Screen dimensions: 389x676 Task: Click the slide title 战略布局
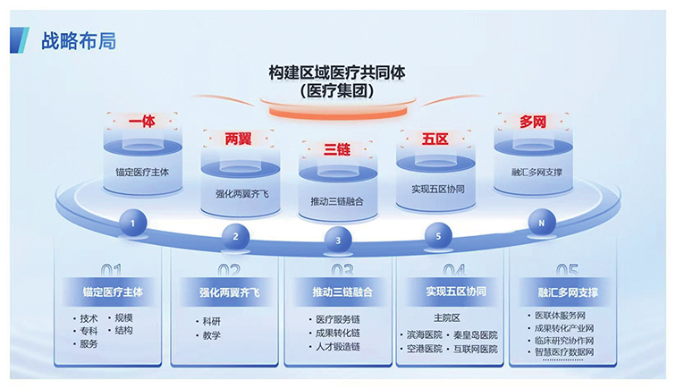point(78,40)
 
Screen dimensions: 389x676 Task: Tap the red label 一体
point(141,120)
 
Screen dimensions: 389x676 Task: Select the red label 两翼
point(239,139)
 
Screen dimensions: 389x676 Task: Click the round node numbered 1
point(131,222)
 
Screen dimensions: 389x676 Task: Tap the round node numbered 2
point(235,237)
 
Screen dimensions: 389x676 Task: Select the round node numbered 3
point(337,240)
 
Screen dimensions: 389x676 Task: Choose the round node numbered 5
point(437,237)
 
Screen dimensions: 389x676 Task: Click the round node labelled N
point(540,222)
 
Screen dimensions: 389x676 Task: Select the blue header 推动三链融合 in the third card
point(338,292)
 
